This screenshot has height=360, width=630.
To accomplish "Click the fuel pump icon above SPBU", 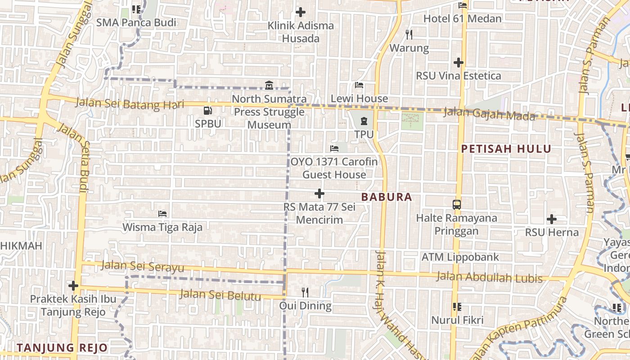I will (x=207, y=110).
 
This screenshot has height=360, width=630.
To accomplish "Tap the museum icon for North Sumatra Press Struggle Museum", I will (x=269, y=85).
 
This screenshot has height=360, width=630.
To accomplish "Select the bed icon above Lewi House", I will (x=359, y=85).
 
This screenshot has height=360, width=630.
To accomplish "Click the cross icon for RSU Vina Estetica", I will (x=459, y=62).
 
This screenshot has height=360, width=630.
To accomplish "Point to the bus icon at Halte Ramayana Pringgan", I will (x=456, y=205).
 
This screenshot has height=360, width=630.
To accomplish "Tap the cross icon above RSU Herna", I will (x=552, y=219).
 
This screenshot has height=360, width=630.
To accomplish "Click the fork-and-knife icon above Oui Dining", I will (x=305, y=292).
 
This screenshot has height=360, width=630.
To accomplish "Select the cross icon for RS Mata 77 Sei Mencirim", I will (x=319, y=193).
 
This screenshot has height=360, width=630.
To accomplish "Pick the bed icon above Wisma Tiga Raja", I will (x=162, y=213).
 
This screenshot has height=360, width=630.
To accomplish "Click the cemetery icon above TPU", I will (x=364, y=121).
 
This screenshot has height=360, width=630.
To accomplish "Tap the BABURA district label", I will (x=387, y=197).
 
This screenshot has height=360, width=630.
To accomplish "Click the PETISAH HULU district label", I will (x=506, y=149).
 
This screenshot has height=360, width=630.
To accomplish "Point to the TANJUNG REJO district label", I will (x=62, y=347).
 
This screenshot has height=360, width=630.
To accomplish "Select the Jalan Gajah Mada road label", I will (x=490, y=114).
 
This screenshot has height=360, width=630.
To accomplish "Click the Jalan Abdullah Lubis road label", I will (x=490, y=277).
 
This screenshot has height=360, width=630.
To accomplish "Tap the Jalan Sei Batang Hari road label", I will (x=130, y=103).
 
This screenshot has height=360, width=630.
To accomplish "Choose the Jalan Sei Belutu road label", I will (x=220, y=295).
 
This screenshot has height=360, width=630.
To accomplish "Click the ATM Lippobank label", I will (x=460, y=257).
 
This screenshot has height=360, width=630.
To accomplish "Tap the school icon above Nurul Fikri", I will (x=457, y=307).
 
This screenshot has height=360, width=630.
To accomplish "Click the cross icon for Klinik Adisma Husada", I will (x=301, y=12).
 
